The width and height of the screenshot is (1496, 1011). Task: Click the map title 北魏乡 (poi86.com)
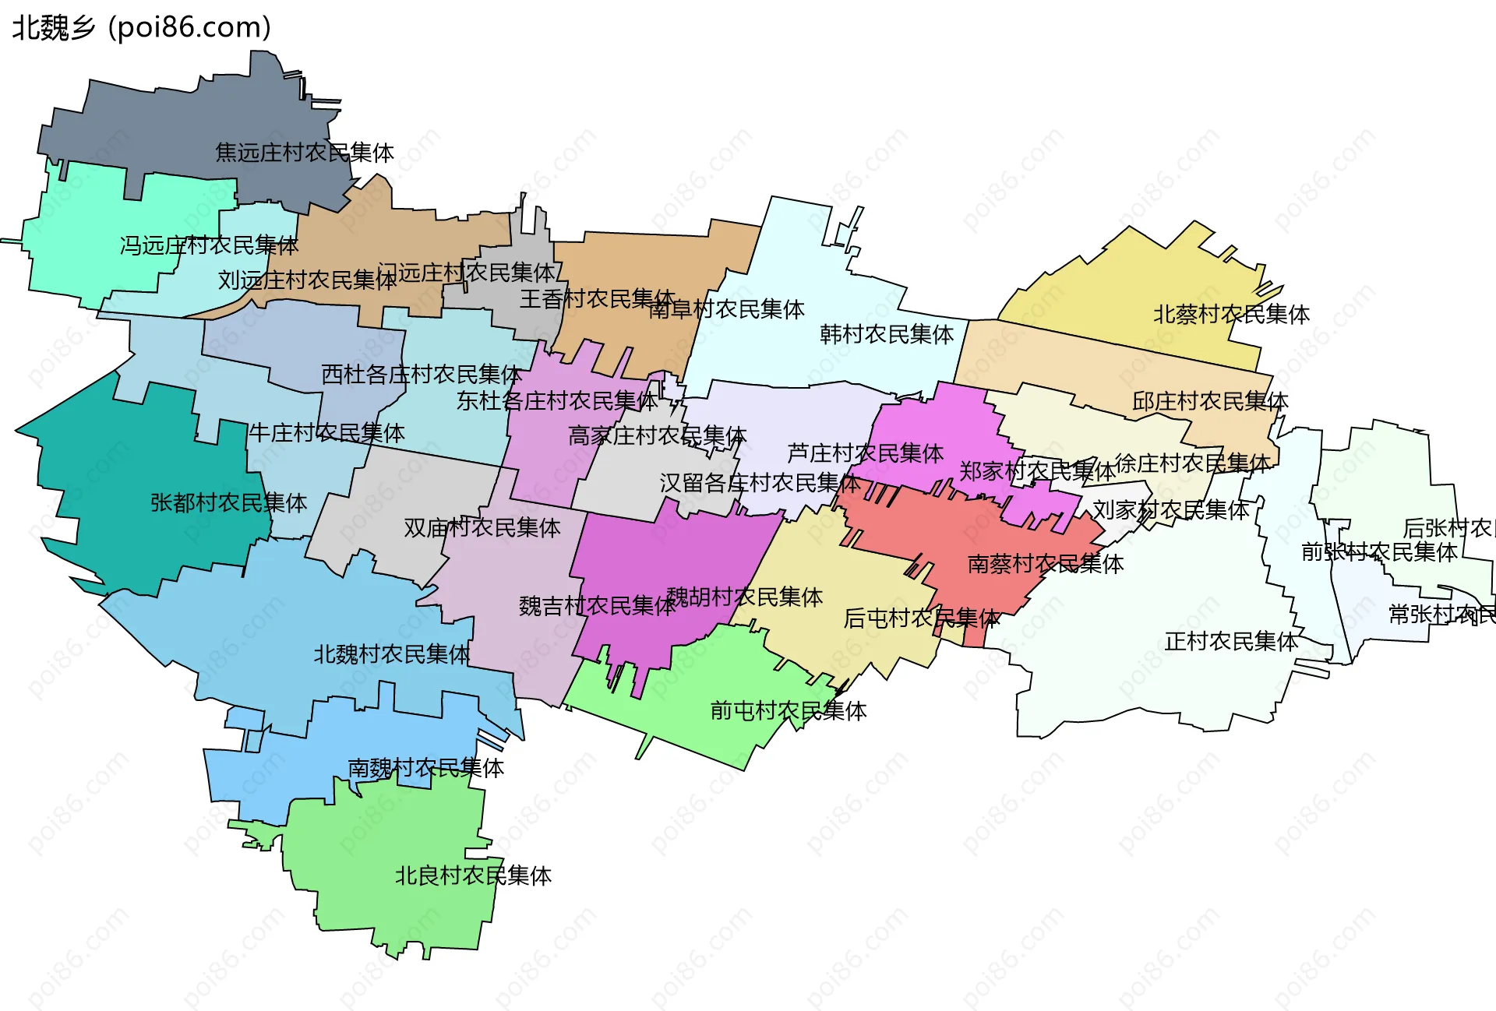click(x=141, y=28)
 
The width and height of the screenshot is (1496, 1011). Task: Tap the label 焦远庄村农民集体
click(x=305, y=153)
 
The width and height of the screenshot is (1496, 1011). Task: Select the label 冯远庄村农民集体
click(x=209, y=245)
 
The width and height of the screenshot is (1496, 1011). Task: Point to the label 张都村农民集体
click(x=228, y=503)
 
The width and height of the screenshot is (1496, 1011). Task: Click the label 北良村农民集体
click(x=473, y=876)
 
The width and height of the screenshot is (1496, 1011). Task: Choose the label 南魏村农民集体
click(x=425, y=769)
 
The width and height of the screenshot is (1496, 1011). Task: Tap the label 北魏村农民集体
click(x=392, y=654)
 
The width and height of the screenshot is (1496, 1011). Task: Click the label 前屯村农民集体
click(x=788, y=711)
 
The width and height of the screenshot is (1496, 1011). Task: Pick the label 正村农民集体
click(x=1231, y=642)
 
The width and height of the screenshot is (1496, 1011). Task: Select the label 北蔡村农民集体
click(x=1231, y=315)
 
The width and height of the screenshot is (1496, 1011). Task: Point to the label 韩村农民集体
click(x=887, y=335)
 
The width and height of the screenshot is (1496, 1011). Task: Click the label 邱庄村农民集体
click(x=1210, y=402)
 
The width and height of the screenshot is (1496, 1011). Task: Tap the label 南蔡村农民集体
click(x=1045, y=564)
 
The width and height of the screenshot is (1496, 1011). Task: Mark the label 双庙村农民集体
click(x=482, y=528)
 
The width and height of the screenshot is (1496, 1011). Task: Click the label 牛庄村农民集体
click(x=326, y=433)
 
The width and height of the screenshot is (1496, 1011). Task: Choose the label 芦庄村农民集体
click(x=865, y=453)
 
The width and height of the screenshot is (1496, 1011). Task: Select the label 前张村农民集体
click(x=1379, y=552)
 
